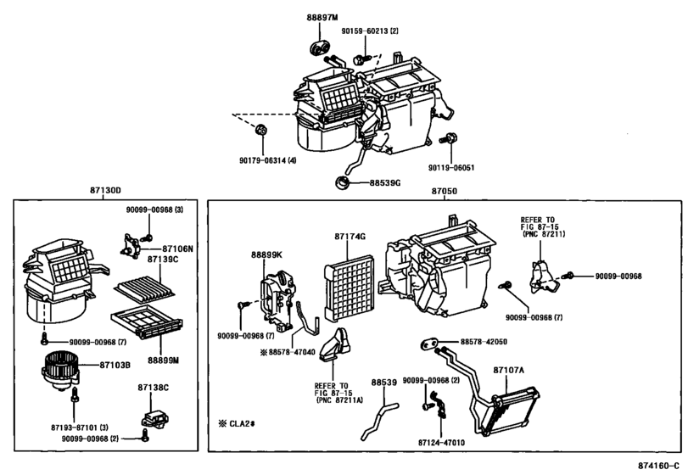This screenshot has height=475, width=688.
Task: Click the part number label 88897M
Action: pyautogui.click(x=322, y=18)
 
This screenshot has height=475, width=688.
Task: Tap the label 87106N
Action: pyautogui.click(x=177, y=249)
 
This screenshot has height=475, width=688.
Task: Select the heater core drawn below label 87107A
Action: pyautogui.click(x=510, y=405)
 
